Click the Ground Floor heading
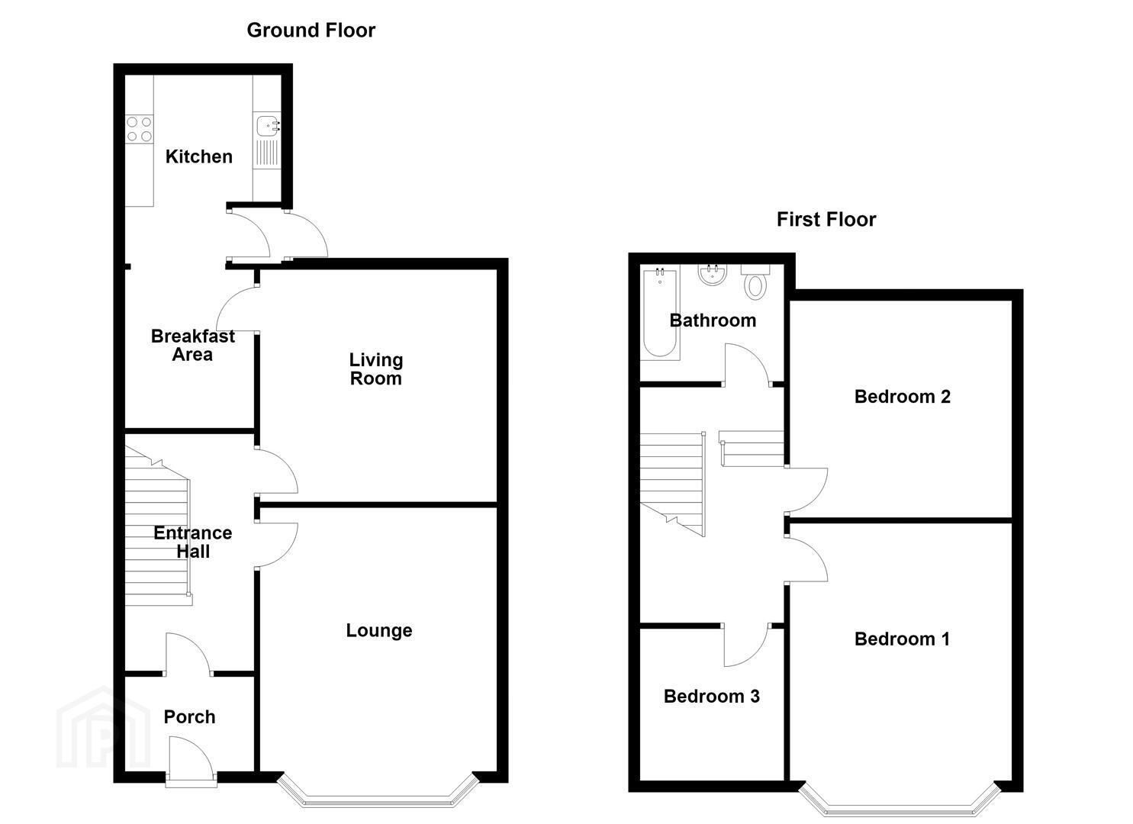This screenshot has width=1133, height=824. pyautogui.click(x=311, y=31)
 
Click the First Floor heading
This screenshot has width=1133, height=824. pyautogui.click(x=826, y=220)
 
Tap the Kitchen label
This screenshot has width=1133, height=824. pyautogui.click(x=199, y=157)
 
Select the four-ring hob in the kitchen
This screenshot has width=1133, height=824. pyautogui.click(x=139, y=129)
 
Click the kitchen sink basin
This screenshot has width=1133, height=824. pyautogui.click(x=266, y=126)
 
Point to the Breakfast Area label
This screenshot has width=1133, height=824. pyautogui.click(x=193, y=345)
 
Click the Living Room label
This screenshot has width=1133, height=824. pyautogui.click(x=376, y=369)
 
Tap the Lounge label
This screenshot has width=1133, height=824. pyautogui.click(x=379, y=630)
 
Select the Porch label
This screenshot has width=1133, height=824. pyautogui.click(x=189, y=716)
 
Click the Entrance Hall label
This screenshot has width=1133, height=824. pyautogui.click(x=193, y=542)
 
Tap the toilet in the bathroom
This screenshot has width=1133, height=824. pyautogui.click(x=755, y=282)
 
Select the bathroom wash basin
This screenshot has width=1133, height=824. pyautogui.click(x=713, y=275)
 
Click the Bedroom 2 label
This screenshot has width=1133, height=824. pyautogui.click(x=903, y=397)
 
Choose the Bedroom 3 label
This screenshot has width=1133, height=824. pyautogui.click(x=712, y=697)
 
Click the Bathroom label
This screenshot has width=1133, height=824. pyautogui.click(x=713, y=320)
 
